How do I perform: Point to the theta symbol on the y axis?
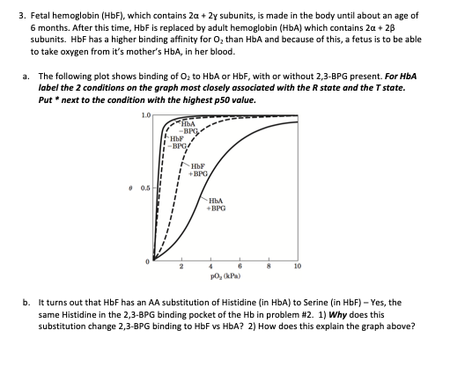pos(131,187)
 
